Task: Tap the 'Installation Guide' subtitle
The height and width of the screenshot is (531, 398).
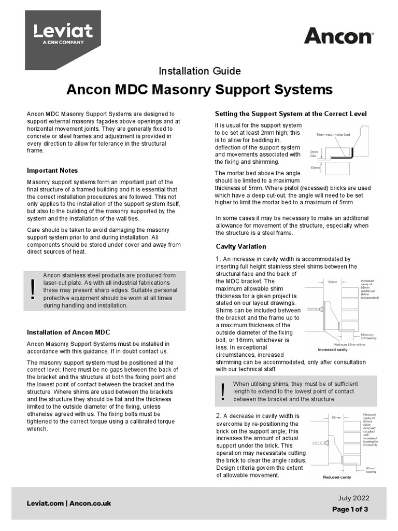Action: pos(199,71)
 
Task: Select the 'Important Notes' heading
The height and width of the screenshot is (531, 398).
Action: pos(52,171)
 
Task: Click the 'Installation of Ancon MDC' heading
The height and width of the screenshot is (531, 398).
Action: pos(68,332)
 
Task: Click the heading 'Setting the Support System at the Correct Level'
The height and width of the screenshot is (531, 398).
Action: pos(291,114)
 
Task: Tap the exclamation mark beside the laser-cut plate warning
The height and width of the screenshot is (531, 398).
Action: pos(33,289)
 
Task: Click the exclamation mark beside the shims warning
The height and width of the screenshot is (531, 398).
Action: pos(223,391)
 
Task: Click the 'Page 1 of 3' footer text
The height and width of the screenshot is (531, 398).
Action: pos(350,509)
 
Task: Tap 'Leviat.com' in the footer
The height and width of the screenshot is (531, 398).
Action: pos(45,504)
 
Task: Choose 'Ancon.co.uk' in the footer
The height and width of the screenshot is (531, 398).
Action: pos(90,504)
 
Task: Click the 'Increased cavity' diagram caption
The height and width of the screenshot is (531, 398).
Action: pos(333,350)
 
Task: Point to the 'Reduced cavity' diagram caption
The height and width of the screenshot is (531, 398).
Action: pos(337,477)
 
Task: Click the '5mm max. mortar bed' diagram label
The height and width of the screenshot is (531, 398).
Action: pos(334,135)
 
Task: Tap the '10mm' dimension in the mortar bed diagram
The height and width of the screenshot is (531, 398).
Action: pos(314,167)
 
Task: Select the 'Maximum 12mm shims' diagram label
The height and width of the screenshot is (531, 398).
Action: pos(350,345)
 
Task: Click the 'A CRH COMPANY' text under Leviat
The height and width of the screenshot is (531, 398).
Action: pos(56,43)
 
